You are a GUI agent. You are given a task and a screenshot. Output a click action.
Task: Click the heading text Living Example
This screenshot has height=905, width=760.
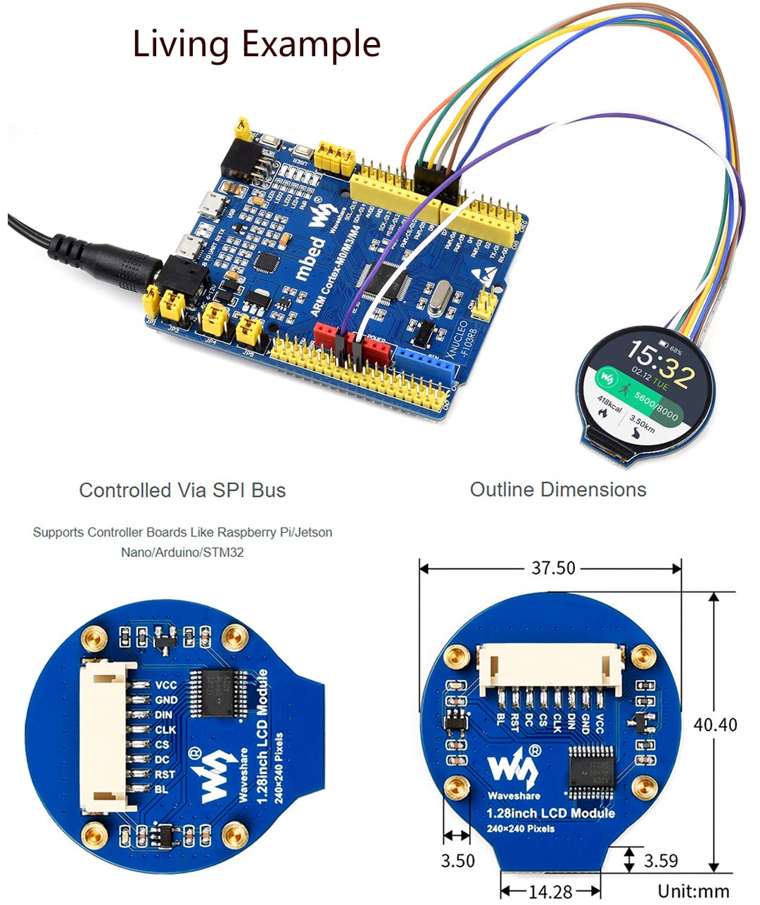(256, 44)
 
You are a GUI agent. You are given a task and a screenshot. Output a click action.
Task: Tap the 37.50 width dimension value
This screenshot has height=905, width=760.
(553, 567)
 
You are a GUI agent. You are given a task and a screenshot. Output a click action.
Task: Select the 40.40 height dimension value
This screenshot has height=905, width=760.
(716, 724)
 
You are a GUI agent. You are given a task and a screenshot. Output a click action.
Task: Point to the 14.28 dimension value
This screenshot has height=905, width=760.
(550, 892)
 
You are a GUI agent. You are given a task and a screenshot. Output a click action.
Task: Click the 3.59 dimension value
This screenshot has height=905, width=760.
(661, 860)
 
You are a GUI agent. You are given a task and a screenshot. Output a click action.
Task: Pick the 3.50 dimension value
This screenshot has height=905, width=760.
(457, 860)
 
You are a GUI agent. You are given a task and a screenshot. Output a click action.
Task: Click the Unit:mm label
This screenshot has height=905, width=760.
(693, 891)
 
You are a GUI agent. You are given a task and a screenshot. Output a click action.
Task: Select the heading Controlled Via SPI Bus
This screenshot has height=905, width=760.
(182, 490)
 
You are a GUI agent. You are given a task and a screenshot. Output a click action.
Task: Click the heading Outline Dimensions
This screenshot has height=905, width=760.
(558, 489)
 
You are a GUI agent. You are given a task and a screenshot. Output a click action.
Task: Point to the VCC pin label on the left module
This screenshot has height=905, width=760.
(166, 685)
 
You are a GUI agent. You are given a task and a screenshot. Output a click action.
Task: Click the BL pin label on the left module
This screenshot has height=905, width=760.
(162, 790)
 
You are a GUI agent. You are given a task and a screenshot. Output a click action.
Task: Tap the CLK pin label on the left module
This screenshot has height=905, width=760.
(165, 730)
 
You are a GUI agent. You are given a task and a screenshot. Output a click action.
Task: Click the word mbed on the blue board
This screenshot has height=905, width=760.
(310, 259)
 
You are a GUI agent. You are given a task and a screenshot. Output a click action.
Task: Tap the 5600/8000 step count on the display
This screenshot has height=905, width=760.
(654, 406)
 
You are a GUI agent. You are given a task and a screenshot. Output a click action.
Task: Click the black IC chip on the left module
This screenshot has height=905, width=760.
(217, 693)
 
